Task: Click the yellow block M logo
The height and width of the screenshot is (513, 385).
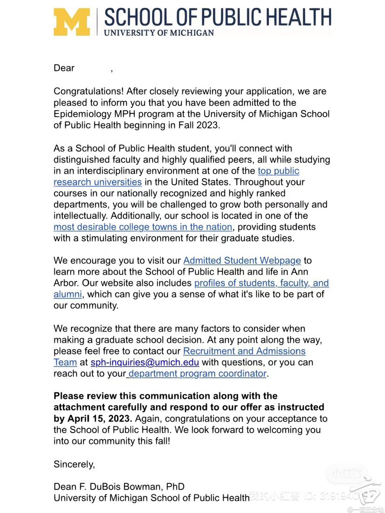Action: coord(72,22)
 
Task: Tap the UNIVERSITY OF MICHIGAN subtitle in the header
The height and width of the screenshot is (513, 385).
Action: coord(159,33)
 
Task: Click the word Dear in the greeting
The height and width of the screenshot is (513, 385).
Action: coord(64,68)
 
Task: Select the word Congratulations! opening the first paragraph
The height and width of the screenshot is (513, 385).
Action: coord(88,91)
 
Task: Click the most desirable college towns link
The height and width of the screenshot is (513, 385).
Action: coord(143,227)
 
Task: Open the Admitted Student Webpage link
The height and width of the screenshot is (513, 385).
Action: coord(242,261)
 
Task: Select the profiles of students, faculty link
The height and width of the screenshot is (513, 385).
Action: coord(261,283)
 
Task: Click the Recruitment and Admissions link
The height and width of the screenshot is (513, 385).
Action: coord(244,351)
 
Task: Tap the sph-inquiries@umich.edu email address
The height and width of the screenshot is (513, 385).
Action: coord(145,362)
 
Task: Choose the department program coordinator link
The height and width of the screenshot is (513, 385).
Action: coord(197,374)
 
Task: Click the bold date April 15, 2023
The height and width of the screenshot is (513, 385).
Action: coord(99,418)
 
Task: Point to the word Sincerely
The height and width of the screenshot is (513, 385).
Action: coord(74,464)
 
